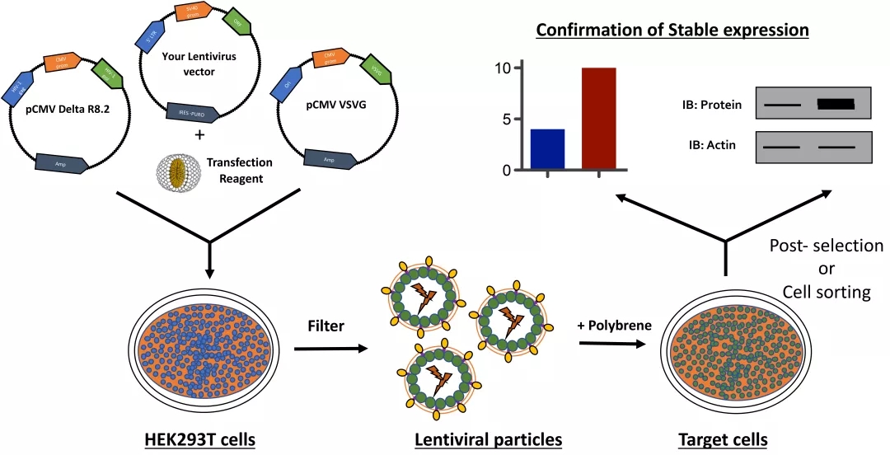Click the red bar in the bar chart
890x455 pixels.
598,119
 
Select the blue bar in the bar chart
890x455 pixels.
547,149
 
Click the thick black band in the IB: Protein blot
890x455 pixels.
836,105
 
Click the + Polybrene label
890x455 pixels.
614,324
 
